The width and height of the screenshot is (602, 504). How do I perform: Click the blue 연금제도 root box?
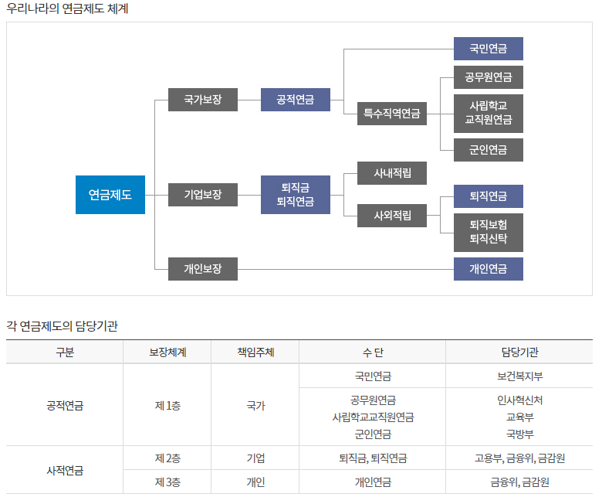(x=110, y=195)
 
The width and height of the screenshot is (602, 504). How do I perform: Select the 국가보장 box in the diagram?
(x=203, y=100)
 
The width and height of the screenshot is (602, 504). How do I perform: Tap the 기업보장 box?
(x=203, y=195)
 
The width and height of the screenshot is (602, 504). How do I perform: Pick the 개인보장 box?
(x=203, y=269)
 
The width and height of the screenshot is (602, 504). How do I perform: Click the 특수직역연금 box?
(x=392, y=114)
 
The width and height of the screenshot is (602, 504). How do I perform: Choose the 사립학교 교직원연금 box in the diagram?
(x=489, y=114)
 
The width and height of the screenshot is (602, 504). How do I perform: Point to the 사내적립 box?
(x=392, y=173)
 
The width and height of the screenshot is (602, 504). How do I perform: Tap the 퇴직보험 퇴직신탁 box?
(x=489, y=232)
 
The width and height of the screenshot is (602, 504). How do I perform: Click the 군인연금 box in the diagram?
(x=489, y=150)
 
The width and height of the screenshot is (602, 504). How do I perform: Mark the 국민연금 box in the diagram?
(x=489, y=49)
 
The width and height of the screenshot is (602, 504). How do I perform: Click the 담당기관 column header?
(x=519, y=352)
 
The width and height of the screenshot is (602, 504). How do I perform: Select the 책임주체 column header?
(x=255, y=352)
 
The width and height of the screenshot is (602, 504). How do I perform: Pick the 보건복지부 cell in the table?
(x=519, y=376)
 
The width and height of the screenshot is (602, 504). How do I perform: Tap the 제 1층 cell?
(x=167, y=405)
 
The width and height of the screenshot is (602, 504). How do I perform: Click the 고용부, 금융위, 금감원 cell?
(x=519, y=458)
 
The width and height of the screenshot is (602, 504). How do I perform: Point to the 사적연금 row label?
(x=65, y=470)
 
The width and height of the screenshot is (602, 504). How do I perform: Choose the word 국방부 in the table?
(x=519, y=434)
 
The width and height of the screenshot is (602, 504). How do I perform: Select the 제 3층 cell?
(x=167, y=482)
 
